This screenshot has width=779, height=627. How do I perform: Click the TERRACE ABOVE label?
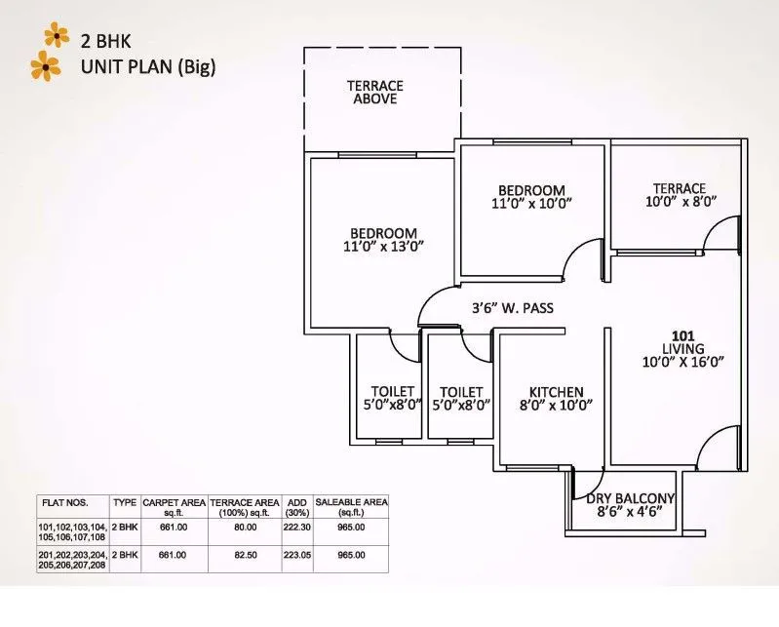click(x=374, y=93)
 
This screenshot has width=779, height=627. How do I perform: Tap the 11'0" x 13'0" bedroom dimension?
click(x=383, y=248)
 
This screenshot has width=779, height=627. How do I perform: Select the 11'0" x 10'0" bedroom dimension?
click(x=531, y=204)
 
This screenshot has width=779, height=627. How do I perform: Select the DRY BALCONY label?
click(x=631, y=499)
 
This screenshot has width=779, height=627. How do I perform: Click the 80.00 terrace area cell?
click(x=246, y=528)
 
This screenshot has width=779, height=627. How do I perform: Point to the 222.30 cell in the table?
click(x=297, y=528)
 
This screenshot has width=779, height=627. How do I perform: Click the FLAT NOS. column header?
click(x=64, y=502)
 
